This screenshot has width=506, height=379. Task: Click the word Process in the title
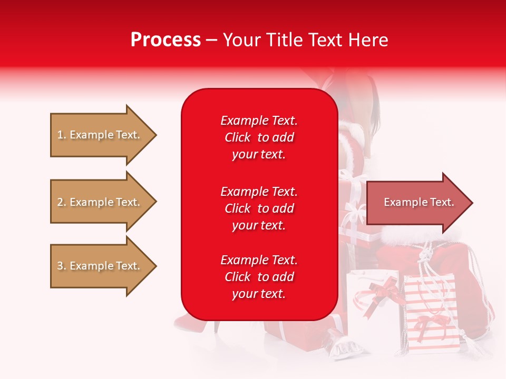click(x=166, y=39)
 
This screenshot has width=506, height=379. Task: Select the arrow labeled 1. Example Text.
click(x=100, y=135)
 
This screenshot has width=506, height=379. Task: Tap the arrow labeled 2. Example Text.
click(x=100, y=202)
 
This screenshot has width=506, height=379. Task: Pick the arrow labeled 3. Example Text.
click(x=100, y=266)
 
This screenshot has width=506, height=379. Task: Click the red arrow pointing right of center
click(x=416, y=203)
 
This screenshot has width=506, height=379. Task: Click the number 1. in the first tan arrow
click(x=62, y=135)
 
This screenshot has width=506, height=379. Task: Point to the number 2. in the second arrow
click(x=62, y=202)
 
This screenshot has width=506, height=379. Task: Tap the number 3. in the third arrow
click(x=62, y=266)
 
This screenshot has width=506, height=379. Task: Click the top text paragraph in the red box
click(x=259, y=137)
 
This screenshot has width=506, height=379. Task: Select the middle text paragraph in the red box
click(x=259, y=208)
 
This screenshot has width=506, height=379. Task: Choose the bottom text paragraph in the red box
click(x=259, y=277)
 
